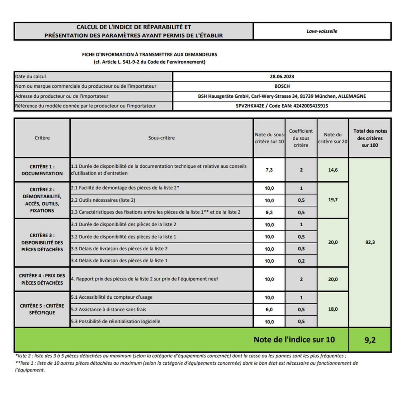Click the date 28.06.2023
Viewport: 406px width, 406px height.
tap(282, 76)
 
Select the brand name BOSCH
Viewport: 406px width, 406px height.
tap(282, 86)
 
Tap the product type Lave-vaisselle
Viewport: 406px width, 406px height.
tap(322, 31)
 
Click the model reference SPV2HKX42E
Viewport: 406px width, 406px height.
tap(250, 106)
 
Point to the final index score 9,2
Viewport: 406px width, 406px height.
tap(370, 340)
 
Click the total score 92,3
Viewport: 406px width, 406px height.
tap(370, 242)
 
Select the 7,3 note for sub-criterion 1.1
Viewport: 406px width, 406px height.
tap(269, 170)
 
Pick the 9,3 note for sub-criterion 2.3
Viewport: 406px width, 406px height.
tap(269, 212)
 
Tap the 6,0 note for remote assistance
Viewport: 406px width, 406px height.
tap(269, 310)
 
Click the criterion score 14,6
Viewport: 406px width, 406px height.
tap(333, 170)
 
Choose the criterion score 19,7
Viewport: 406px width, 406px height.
tap(333, 200)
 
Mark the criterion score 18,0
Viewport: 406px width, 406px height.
tap(333, 309)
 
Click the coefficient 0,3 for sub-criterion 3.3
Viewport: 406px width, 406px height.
tap(301, 249)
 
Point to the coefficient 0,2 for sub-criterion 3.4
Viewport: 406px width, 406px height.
tap(301, 261)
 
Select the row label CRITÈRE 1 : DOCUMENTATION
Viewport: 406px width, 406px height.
tap(42, 170)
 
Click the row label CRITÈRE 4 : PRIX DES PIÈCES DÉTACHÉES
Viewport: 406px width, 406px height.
tap(42, 279)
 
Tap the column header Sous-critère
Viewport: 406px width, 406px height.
tap(161, 138)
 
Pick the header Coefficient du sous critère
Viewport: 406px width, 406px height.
tap(301, 138)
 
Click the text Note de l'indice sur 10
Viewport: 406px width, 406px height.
tap(294, 340)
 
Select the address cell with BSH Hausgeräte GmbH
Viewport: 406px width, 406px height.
tap(282, 96)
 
